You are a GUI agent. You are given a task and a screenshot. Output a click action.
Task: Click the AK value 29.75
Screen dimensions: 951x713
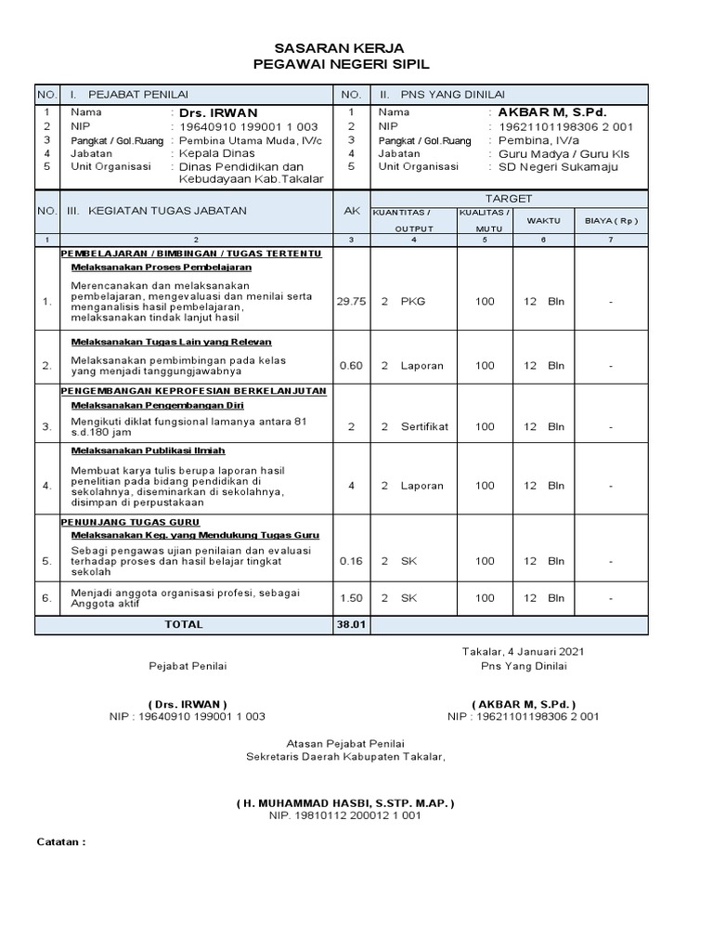[x=351, y=302]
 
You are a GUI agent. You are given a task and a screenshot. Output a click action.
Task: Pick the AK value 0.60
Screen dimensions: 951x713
[x=351, y=366]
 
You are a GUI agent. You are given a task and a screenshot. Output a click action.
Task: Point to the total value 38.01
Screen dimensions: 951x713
[x=351, y=625]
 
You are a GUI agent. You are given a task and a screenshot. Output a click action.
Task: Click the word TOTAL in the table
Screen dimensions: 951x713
[x=184, y=625]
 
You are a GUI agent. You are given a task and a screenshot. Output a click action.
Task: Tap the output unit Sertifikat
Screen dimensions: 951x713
[x=424, y=427]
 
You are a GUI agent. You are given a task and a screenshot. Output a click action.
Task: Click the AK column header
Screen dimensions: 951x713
[x=351, y=212]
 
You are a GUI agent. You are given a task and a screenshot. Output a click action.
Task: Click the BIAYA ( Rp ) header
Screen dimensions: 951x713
[x=611, y=221]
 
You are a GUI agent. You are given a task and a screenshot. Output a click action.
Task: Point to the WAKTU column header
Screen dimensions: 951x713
[x=543, y=221]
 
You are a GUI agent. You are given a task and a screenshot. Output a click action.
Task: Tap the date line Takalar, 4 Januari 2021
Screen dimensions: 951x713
[x=524, y=652]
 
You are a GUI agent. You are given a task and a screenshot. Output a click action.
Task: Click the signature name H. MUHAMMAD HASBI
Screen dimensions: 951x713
[x=345, y=802]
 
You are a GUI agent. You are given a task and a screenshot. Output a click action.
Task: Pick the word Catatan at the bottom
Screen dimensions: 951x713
[x=58, y=842]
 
